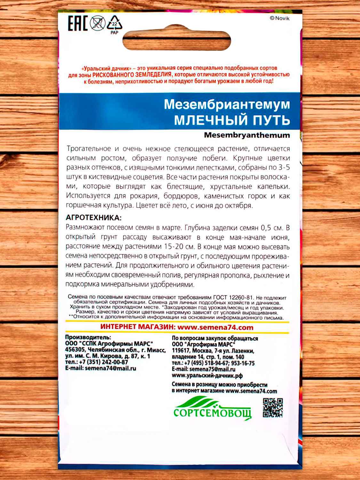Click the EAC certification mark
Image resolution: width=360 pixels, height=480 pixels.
tap(77, 23)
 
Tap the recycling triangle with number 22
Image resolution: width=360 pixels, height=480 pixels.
tap(114, 24)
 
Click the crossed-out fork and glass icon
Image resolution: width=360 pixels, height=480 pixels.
tap(97, 23)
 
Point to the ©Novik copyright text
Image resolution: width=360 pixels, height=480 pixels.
tap(279, 19)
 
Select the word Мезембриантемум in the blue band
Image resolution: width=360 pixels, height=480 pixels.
tap(227, 104)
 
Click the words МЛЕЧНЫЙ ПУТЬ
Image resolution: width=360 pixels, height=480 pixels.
tap(232, 120)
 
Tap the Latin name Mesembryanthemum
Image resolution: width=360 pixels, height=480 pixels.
tap(247, 135)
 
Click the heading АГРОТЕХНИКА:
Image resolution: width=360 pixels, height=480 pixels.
tap(93, 218)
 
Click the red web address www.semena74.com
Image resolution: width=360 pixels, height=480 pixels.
tap(215, 327)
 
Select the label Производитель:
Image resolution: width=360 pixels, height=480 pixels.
tap(88, 337)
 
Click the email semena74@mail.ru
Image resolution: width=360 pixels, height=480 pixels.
tap(110, 368)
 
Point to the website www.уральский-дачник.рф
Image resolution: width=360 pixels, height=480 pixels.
tap(207, 376)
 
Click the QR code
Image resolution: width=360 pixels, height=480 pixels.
tap(273, 408)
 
